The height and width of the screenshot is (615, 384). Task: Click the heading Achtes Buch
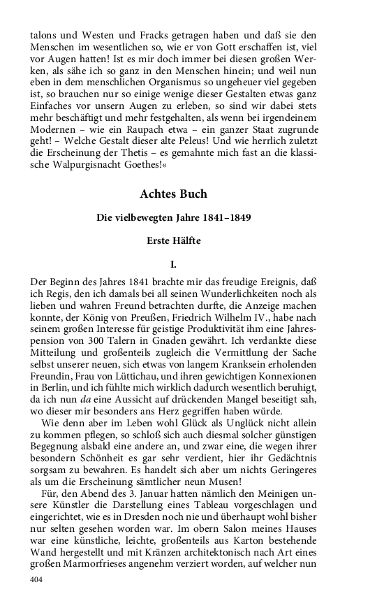point(173,194)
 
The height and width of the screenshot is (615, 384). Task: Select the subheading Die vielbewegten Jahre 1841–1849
point(174,217)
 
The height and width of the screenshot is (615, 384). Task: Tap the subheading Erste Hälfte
point(173,241)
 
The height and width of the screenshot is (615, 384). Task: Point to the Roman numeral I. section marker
point(174,265)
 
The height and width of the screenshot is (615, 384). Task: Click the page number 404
point(38,580)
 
